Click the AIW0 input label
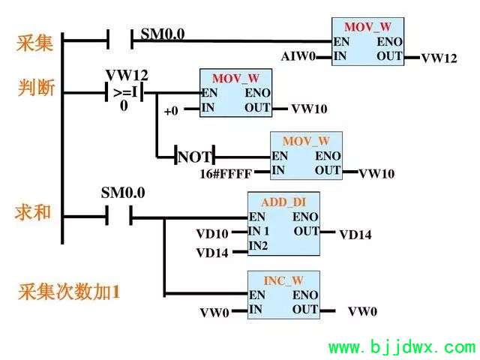[x=298, y=56]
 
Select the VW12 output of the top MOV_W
[x=439, y=58]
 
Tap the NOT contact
[x=195, y=157]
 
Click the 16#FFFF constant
[x=226, y=173]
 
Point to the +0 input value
[x=171, y=110]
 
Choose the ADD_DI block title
[x=283, y=202]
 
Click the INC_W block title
[x=283, y=280]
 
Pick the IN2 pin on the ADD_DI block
[x=258, y=245]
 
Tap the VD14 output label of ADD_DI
[x=355, y=235]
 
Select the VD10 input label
[x=212, y=234]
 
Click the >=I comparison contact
[x=124, y=92]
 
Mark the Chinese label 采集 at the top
[x=34, y=43]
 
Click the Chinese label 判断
[x=36, y=88]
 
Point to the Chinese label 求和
[x=33, y=211]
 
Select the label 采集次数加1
[x=69, y=292]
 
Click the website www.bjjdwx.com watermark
[x=402, y=347]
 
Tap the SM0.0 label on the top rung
[x=163, y=34]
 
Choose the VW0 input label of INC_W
[x=214, y=313]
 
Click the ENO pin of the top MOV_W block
[x=389, y=42]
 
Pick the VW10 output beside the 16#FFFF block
[x=376, y=173]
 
